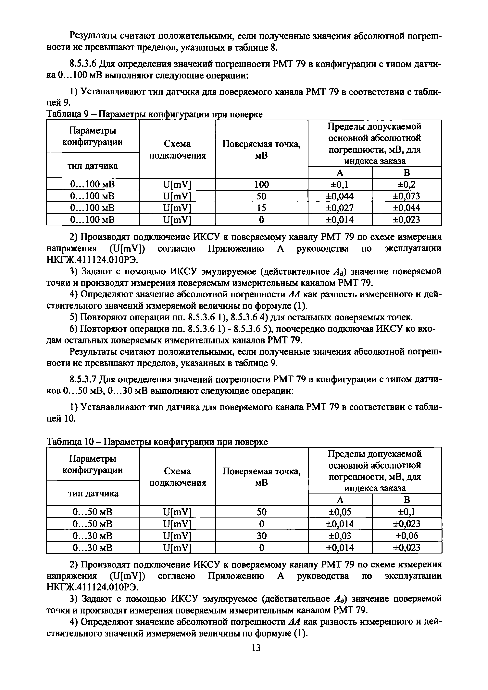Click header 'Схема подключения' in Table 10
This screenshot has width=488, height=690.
coord(177,477)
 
